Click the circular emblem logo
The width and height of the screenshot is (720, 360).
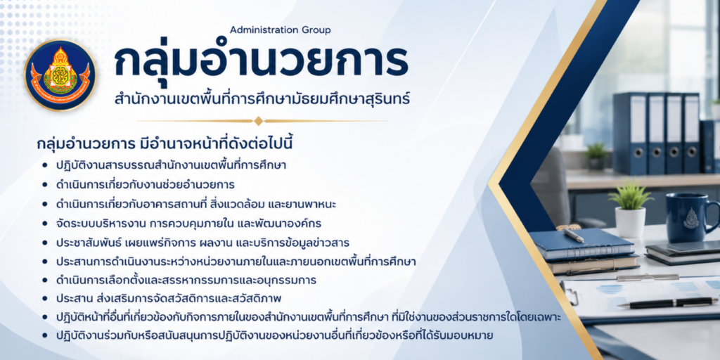(60, 75)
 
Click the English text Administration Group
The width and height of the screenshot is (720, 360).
(280, 30)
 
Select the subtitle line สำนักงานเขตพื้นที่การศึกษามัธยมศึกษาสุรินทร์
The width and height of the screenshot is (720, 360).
(263, 98)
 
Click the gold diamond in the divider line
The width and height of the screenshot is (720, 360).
(259, 121)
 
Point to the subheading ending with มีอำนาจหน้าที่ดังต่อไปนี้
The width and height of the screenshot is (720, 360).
(165, 143)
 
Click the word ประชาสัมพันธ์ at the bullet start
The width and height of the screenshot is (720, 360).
(86, 243)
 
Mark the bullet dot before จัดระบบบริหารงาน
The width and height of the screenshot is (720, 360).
(44, 224)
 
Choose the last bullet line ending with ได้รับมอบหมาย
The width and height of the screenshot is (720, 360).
(274, 335)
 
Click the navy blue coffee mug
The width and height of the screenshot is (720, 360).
(692, 217)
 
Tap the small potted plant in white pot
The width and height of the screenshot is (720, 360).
(631, 208)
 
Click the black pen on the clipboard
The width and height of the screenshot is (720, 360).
(667, 302)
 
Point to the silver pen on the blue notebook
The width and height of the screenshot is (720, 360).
(573, 235)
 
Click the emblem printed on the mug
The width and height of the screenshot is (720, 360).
(690, 217)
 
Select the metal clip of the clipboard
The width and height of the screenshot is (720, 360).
(648, 277)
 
